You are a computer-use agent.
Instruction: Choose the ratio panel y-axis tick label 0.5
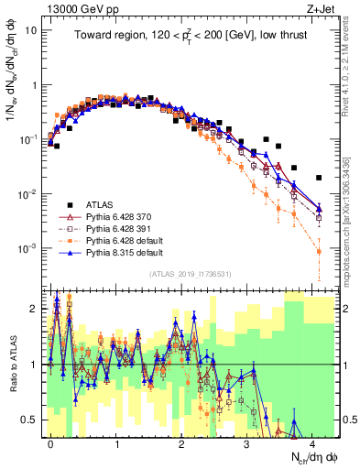tap(29, 420)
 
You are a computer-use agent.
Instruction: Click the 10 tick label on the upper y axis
tap(29, 29)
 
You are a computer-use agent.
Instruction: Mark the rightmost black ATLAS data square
tap(319, 178)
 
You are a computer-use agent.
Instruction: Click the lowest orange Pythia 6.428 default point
tap(319, 251)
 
